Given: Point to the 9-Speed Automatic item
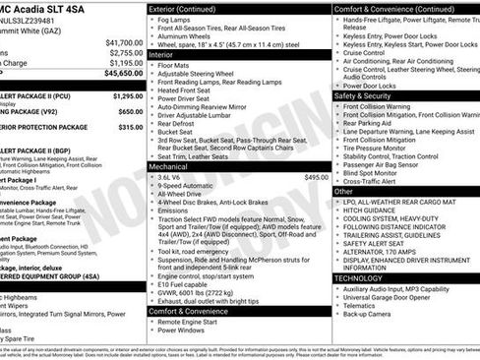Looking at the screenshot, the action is tap(188, 187).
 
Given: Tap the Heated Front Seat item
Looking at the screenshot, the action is tap(188, 117).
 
